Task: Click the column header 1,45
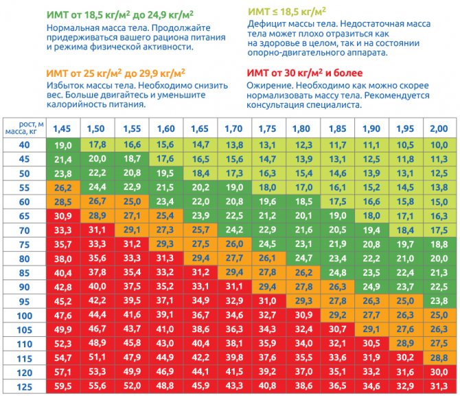tap(62, 128)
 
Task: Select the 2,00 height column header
tap(438, 128)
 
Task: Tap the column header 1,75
tap(268, 128)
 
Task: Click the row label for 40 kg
tap(25, 145)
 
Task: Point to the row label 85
tap(25, 272)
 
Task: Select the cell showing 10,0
tap(438, 145)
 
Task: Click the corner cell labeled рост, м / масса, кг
tap(25, 128)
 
